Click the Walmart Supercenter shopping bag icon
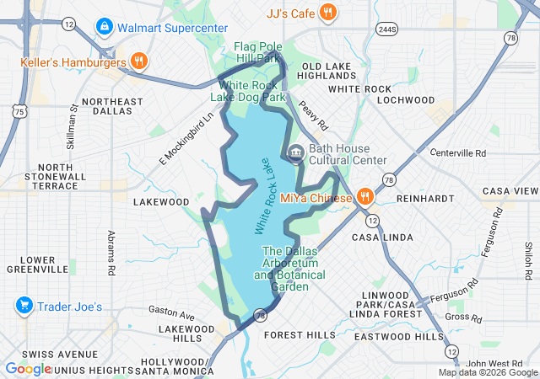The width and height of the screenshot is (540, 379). coord(104,27)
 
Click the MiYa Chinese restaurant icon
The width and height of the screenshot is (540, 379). coord(364,197)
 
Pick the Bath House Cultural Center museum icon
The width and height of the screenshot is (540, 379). coord(296,152)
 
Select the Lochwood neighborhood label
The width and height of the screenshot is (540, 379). coord(407,99)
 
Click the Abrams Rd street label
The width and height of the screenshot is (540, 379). coord(111,254)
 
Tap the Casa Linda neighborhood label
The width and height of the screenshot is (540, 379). coord(386,238)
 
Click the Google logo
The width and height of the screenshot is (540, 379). coord(28,369)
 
